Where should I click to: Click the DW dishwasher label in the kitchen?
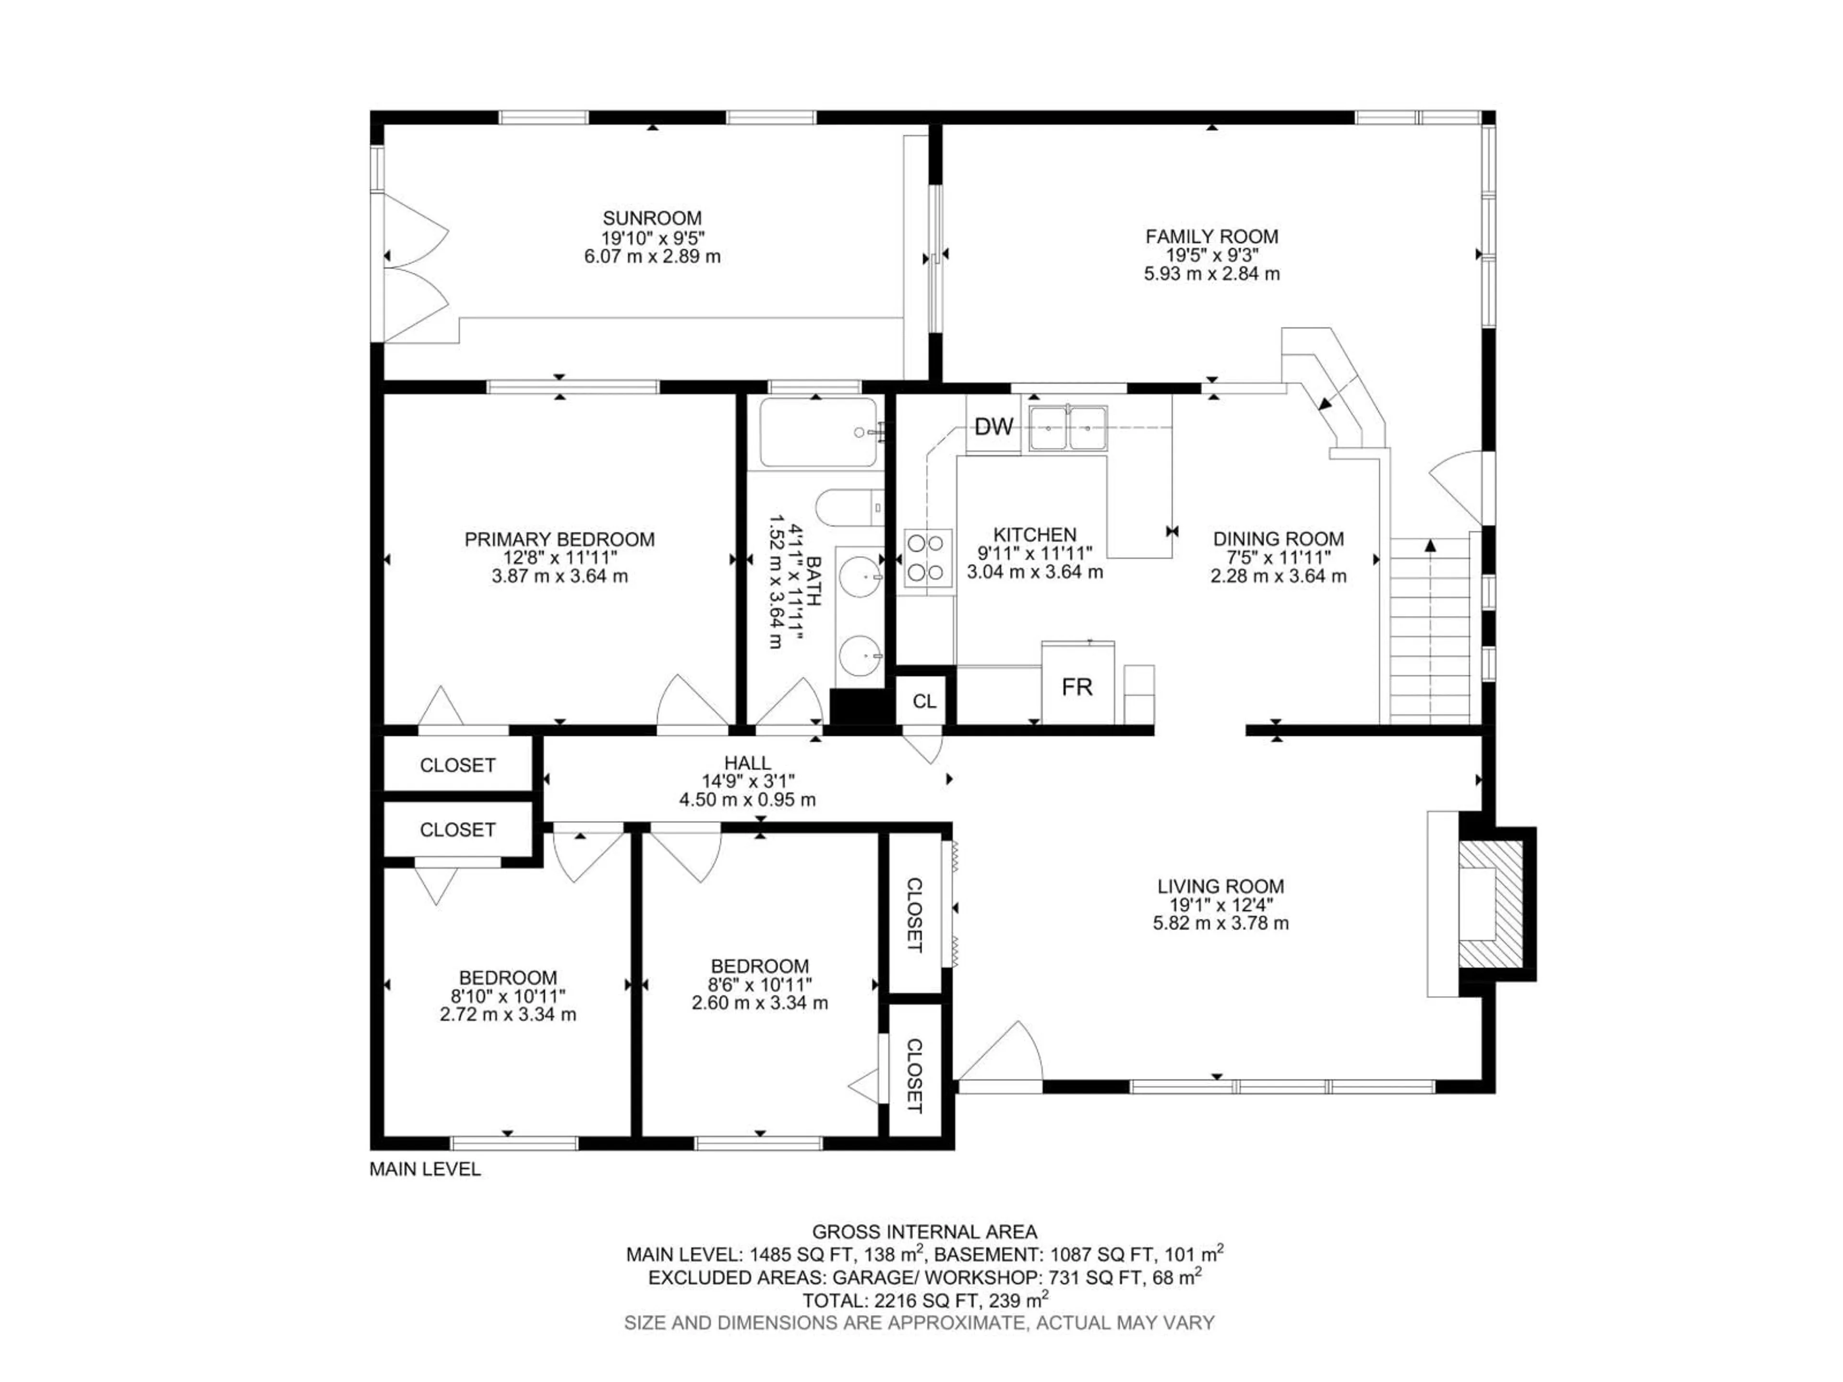click(x=993, y=428)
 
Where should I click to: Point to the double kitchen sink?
click(x=1068, y=428)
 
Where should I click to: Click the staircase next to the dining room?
click(x=1430, y=631)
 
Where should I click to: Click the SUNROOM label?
click(x=652, y=218)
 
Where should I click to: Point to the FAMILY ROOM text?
click(x=1211, y=237)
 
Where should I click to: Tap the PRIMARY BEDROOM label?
click(x=559, y=539)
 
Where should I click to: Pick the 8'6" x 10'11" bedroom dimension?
click(x=759, y=985)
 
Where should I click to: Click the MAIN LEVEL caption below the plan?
click(x=425, y=1169)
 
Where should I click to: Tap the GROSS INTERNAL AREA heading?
click(x=924, y=1231)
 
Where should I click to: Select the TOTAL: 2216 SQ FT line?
click(x=924, y=1300)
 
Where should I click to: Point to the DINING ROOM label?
click(x=1278, y=539)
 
